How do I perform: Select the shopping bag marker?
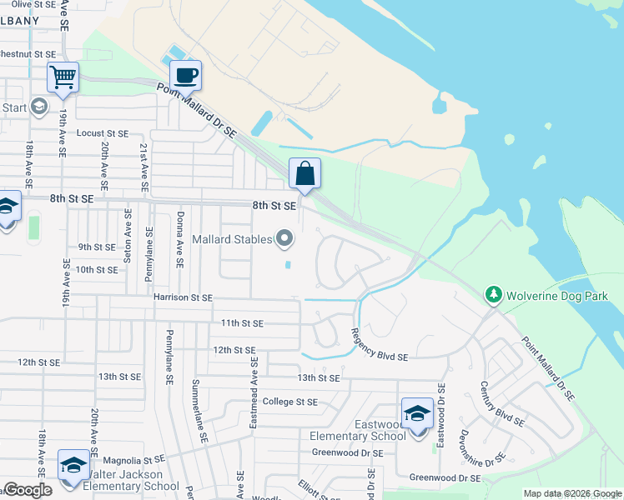(305, 174)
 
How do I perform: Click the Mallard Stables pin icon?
(285, 240)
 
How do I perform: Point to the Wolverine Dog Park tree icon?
(494, 295)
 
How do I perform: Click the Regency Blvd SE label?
(379, 357)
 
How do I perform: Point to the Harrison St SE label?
(184, 297)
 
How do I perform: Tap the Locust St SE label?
(103, 133)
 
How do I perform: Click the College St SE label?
(290, 402)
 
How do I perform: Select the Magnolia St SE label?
(133, 460)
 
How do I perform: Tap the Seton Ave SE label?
(127, 237)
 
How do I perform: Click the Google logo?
(28, 490)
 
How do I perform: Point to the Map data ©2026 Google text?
(571, 493)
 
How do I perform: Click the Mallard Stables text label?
(233, 240)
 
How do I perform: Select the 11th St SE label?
(242, 323)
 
